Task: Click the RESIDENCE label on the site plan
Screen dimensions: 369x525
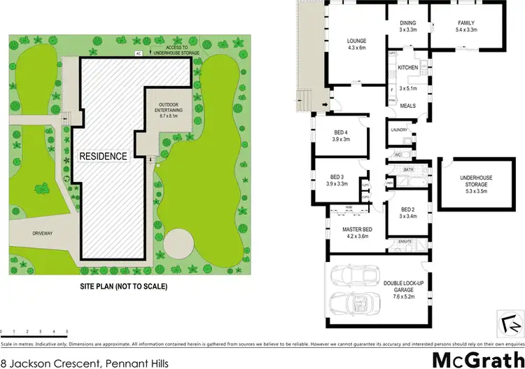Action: (103, 155)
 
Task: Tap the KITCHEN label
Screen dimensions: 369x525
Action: (407, 67)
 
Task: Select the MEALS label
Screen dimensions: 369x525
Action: (407, 106)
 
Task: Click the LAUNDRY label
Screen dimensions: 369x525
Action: (399, 130)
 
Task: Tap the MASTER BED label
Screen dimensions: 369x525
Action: (357, 229)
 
